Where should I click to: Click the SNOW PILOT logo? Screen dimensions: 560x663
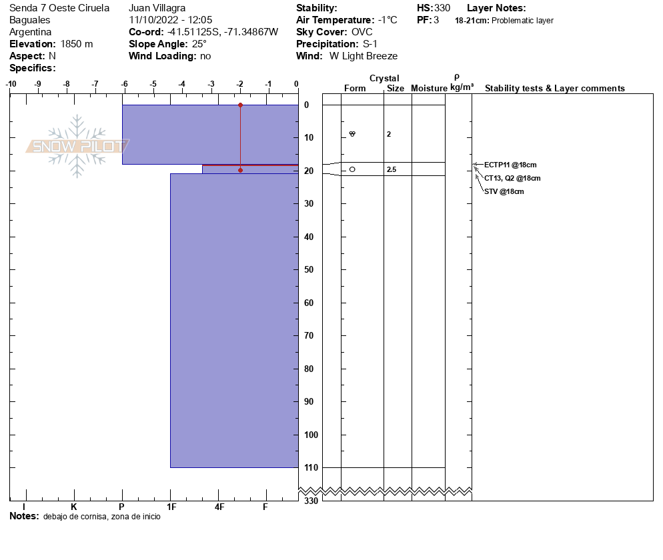point(77,146)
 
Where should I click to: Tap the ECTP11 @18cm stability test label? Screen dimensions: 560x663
point(510,165)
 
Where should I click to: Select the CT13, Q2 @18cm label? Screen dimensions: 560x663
point(512,178)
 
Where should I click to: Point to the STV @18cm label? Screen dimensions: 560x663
point(504,191)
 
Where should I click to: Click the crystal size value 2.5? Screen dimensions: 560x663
point(392,170)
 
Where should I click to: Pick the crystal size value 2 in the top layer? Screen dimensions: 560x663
point(389,135)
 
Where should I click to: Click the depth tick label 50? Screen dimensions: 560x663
point(308,270)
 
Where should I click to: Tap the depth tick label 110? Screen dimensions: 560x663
point(310,468)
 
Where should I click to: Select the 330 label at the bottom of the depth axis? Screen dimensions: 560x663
point(311,501)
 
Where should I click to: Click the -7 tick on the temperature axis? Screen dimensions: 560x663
point(95,84)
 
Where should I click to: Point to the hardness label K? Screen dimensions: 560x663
point(74,507)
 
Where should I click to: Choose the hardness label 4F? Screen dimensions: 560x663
point(219,507)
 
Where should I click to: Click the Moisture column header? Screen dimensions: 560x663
point(429,89)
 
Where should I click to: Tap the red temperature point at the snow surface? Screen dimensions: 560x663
point(241,105)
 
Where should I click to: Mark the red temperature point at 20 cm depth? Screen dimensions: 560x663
point(241,170)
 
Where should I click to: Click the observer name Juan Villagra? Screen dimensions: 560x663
point(157,8)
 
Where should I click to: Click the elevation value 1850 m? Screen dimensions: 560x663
point(77,44)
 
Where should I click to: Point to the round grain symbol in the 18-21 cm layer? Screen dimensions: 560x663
point(352,169)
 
